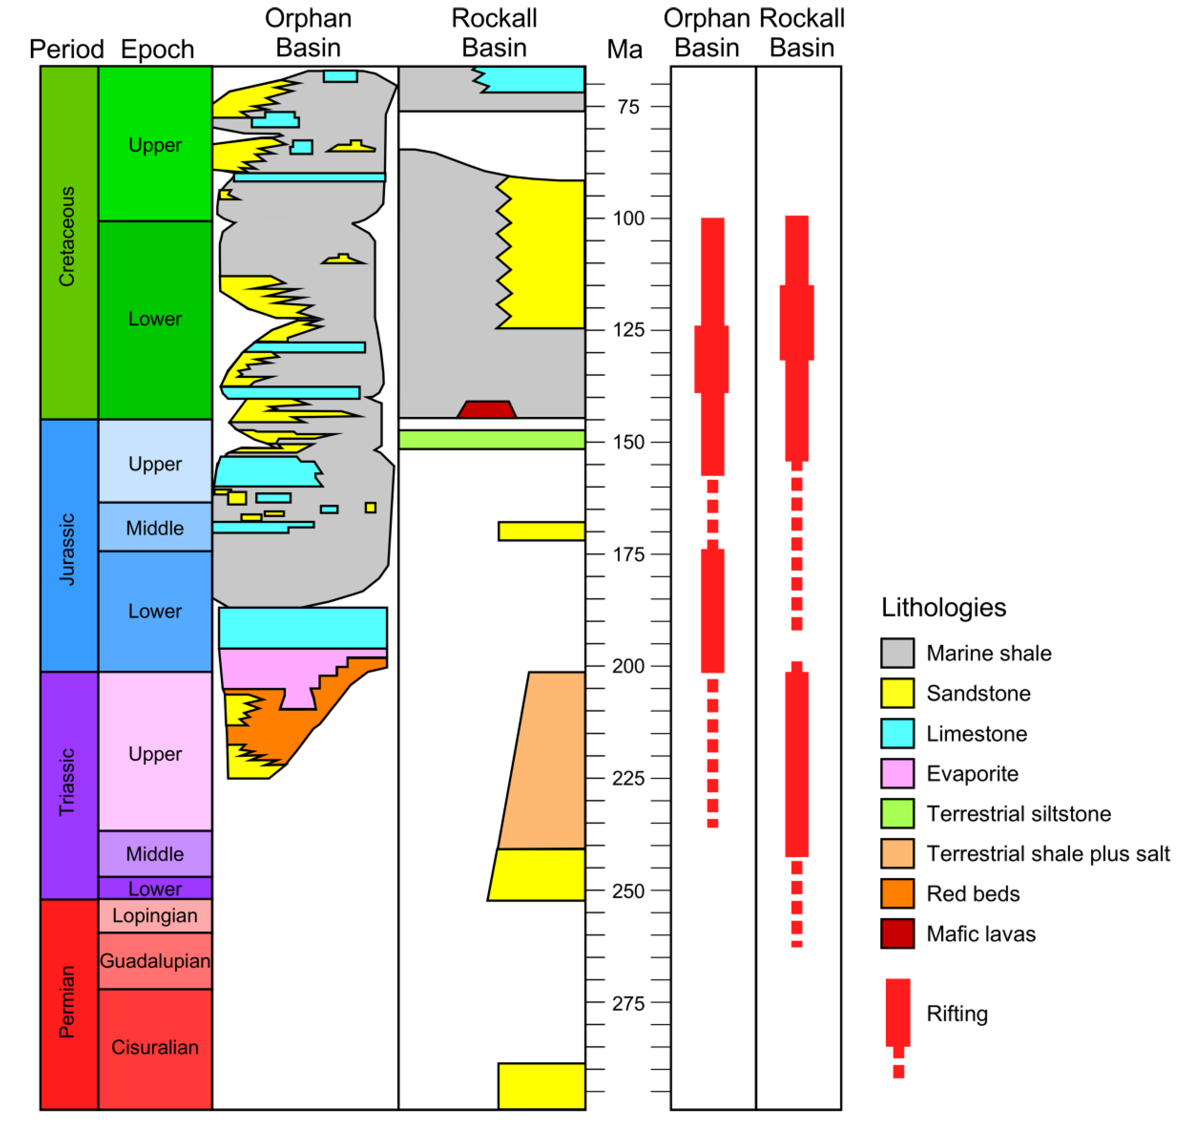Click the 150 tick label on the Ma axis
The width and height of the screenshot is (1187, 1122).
628,443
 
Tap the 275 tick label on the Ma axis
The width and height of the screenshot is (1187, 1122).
628,1003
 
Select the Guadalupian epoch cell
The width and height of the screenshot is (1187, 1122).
155,961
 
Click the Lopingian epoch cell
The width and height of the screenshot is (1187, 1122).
155,916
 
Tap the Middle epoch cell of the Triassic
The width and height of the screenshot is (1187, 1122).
155,854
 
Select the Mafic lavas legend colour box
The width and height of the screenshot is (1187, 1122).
897,934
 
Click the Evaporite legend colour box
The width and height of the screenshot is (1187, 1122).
897,773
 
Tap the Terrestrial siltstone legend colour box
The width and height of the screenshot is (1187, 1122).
897,813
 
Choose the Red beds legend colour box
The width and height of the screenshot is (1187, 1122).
897,894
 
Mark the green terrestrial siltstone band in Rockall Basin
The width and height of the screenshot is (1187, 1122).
492,439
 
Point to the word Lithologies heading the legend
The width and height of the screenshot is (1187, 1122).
944,608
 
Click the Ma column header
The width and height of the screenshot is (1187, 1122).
624,49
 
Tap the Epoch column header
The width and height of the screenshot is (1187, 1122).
157,49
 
